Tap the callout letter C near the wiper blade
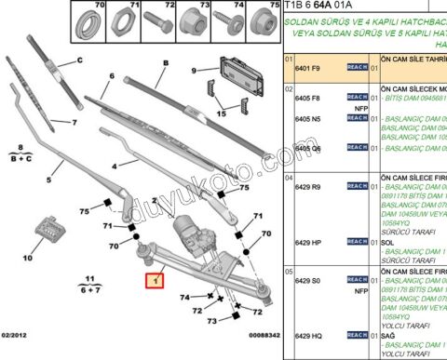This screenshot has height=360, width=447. pyautogui.click(x=80, y=61)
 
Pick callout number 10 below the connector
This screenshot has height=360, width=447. pyautogui.click(x=26, y=258)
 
